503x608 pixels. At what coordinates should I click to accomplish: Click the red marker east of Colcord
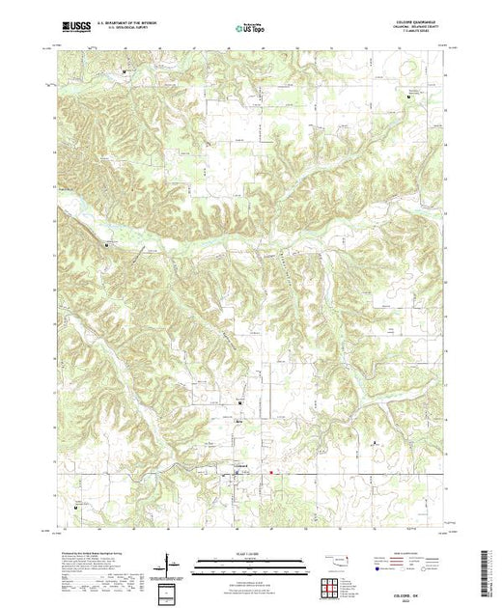click(x=271, y=472)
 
